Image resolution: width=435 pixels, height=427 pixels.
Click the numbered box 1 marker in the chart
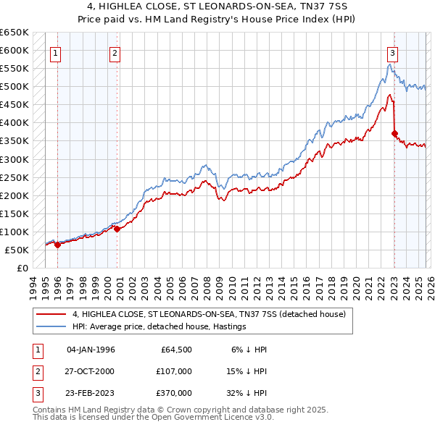[x=57, y=52]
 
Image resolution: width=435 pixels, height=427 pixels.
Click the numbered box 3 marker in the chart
[x=392, y=52]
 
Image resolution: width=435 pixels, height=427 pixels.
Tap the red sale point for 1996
[x=57, y=245]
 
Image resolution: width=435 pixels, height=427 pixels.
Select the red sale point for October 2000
[x=117, y=229]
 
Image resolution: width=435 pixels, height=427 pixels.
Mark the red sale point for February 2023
[x=394, y=133]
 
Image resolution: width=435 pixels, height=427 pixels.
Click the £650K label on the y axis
[x=14, y=33]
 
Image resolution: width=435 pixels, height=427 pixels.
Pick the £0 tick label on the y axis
[x=22, y=268]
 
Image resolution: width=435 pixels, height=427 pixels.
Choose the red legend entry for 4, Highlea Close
[x=210, y=314]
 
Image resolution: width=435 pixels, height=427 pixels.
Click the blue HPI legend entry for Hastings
[x=159, y=326]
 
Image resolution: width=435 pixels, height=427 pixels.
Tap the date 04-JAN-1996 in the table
[x=91, y=350]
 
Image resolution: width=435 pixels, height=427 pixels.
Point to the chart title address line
[x=217, y=7]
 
